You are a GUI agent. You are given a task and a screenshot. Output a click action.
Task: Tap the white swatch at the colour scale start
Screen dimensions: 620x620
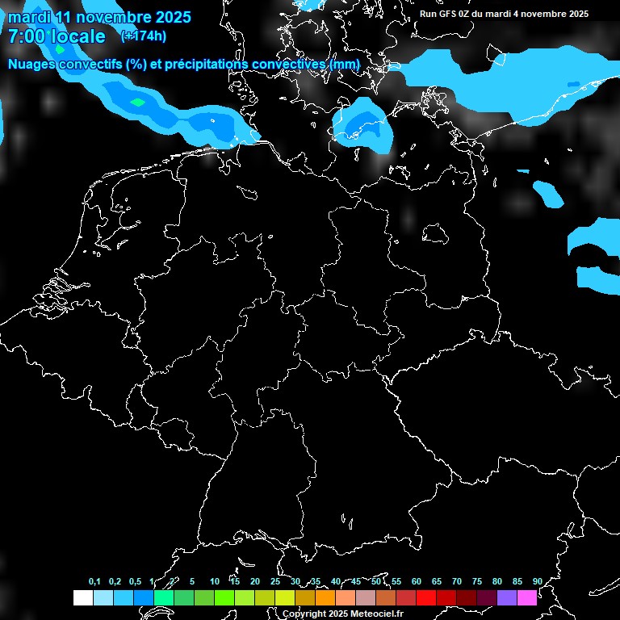coord(82,598)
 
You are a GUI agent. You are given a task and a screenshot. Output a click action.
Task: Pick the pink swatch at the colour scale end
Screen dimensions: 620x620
coord(527,598)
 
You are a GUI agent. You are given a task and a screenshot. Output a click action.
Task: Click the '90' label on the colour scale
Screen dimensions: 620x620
coord(537,581)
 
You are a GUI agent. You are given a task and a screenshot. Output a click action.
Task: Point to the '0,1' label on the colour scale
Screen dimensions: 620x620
coord(94,581)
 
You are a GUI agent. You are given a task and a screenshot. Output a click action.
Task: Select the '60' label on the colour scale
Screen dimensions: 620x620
coord(417,581)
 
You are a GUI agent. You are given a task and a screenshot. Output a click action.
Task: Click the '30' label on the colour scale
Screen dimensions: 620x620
coord(295,581)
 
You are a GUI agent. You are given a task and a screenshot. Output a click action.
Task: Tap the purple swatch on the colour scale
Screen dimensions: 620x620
coord(507,598)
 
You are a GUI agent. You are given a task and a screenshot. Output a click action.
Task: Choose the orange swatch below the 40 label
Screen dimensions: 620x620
coord(325,598)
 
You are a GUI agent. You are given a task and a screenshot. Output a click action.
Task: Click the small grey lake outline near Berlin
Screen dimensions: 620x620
coord(436,233)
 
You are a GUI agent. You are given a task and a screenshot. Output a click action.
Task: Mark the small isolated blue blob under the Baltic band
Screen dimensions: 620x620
coord(549,193)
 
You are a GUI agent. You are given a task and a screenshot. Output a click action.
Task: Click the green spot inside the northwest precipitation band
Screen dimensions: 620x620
coord(138,103)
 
